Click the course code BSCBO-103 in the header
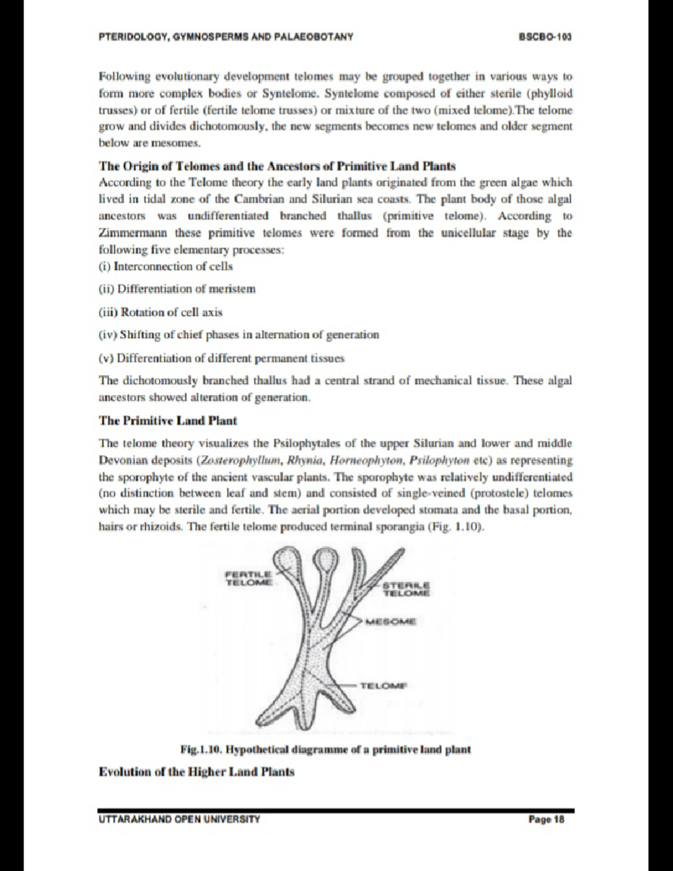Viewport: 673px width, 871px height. click(545, 37)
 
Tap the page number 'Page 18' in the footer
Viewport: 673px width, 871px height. click(546, 819)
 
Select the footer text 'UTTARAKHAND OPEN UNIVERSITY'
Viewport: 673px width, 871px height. click(179, 819)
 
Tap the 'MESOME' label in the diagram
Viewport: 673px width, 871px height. click(391, 621)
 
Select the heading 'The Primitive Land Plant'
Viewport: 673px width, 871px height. click(168, 421)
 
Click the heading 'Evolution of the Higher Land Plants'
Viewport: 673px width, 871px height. click(196, 772)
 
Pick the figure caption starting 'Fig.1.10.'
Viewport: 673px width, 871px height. click(325, 749)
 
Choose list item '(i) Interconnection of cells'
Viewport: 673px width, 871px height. click(165, 266)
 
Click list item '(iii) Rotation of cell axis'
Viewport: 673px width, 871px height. click(160, 312)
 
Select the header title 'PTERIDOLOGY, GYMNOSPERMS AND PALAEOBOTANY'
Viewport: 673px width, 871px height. click(225, 37)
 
